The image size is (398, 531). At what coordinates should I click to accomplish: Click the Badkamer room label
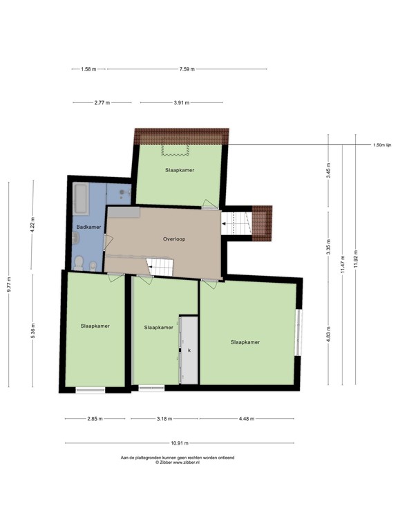click(x=88, y=227)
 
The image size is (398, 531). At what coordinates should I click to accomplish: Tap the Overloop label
click(x=174, y=239)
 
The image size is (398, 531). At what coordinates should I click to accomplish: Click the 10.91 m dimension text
click(x=180, y=443)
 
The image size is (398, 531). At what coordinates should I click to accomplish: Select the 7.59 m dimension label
click(x=187, y=69)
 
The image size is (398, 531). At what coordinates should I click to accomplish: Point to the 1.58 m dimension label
click(x=88, y=69)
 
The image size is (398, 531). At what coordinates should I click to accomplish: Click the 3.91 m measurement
click(x=182, y=102)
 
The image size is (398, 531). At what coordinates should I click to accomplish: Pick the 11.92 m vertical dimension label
click(x=355, y=259)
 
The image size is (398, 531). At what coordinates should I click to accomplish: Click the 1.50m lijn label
click(x=382, y=145)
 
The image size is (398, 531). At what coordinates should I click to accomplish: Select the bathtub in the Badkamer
click(x=82, y=199)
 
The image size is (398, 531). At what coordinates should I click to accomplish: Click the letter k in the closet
click(x=189, y=350)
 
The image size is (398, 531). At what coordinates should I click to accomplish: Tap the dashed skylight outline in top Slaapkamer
click(x=175, y=150)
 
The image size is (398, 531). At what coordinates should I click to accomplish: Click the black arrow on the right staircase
click(x=224, y=224)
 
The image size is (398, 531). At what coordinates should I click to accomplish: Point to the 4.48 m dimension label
click(x=247, y=419)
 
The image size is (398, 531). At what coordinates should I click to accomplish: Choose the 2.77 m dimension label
click(x=102, y=102)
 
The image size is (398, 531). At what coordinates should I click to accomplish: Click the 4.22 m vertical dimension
click(x=32, y=224)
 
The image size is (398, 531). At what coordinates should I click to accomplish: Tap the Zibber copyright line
click(x=178, y=463)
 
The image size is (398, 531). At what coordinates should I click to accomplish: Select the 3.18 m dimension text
click(x=164, y=419)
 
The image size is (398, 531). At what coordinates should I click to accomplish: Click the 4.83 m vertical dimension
click(x=328, y=333)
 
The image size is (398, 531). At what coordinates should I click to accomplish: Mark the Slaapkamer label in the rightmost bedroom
click(x=245, y=342)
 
